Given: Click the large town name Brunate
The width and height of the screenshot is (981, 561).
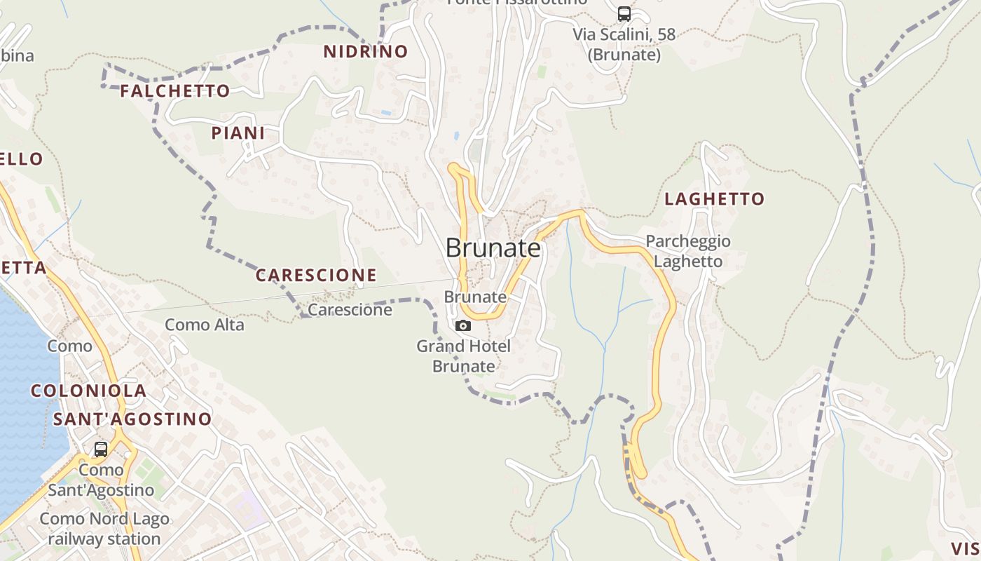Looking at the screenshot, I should pos(493,248).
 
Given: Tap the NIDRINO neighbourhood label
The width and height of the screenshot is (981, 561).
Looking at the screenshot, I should pos(365,51).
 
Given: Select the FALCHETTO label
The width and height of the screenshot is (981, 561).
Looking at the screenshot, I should pos(174,91).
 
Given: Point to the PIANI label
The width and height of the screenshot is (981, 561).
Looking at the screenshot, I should pos(238,133).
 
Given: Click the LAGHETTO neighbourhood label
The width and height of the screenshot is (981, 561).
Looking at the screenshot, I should pos(714,199).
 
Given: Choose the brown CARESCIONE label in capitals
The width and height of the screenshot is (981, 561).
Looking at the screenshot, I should pos(316,276).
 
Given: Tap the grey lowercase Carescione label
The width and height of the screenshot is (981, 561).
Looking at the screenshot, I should pos(350,310).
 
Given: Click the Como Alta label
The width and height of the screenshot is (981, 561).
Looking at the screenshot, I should pos(205,325).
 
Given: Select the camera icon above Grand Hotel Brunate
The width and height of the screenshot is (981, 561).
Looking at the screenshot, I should pos(463,325).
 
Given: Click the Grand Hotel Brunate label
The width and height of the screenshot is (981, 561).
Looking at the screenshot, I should pos(463,356).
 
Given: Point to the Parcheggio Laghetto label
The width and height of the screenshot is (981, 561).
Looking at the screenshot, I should pos(688,251).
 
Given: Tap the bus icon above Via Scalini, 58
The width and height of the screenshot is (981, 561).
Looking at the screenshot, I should pos(624,14).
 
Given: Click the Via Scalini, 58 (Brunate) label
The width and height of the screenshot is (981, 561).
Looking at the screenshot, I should pos(624,44).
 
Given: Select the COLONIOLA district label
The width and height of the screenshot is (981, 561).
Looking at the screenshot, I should pos(88,391).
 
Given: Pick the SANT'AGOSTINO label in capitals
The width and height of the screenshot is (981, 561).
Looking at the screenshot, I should pos(132,419).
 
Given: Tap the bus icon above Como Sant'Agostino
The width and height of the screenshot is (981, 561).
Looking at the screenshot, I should pos(101,449).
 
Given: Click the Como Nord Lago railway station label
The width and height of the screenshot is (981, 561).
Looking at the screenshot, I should pos(104,529).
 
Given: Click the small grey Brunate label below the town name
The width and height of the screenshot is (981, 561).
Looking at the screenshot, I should pos(475,297).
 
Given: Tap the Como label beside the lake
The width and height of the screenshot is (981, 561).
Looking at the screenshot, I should pos(69,346).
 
